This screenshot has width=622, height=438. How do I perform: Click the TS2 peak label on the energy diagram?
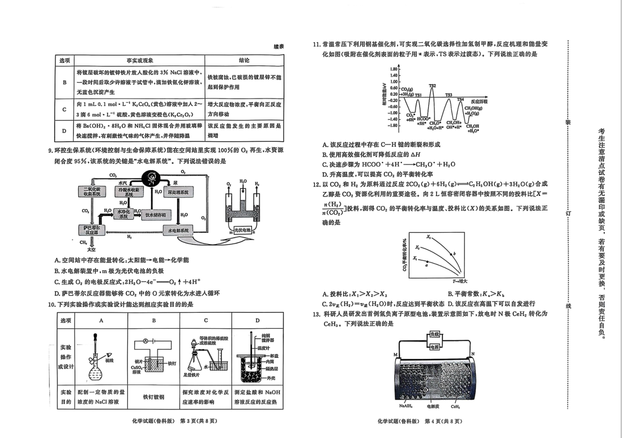[432, 86]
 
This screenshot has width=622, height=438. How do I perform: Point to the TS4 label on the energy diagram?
[460, 99]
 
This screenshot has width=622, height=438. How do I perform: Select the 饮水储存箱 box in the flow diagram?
[155, 215]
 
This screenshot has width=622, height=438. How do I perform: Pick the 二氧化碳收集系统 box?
[92, 191]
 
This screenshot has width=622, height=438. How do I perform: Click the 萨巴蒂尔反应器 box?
[91, 230]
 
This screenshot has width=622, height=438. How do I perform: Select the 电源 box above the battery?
[434, 347]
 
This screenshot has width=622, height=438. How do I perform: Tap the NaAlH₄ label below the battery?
[406, 407]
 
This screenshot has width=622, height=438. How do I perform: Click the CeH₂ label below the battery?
[455, 407]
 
